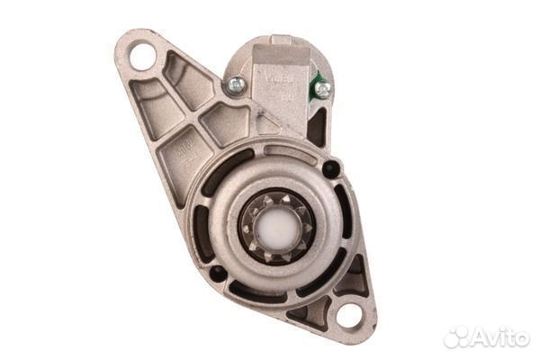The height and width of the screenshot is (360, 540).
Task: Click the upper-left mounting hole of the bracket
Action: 142,57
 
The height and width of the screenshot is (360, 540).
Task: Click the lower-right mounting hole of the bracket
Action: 348,315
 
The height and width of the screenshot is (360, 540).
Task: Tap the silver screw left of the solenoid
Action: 237,85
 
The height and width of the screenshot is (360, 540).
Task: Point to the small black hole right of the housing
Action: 331,168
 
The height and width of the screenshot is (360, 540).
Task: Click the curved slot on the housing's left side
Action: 202,224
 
